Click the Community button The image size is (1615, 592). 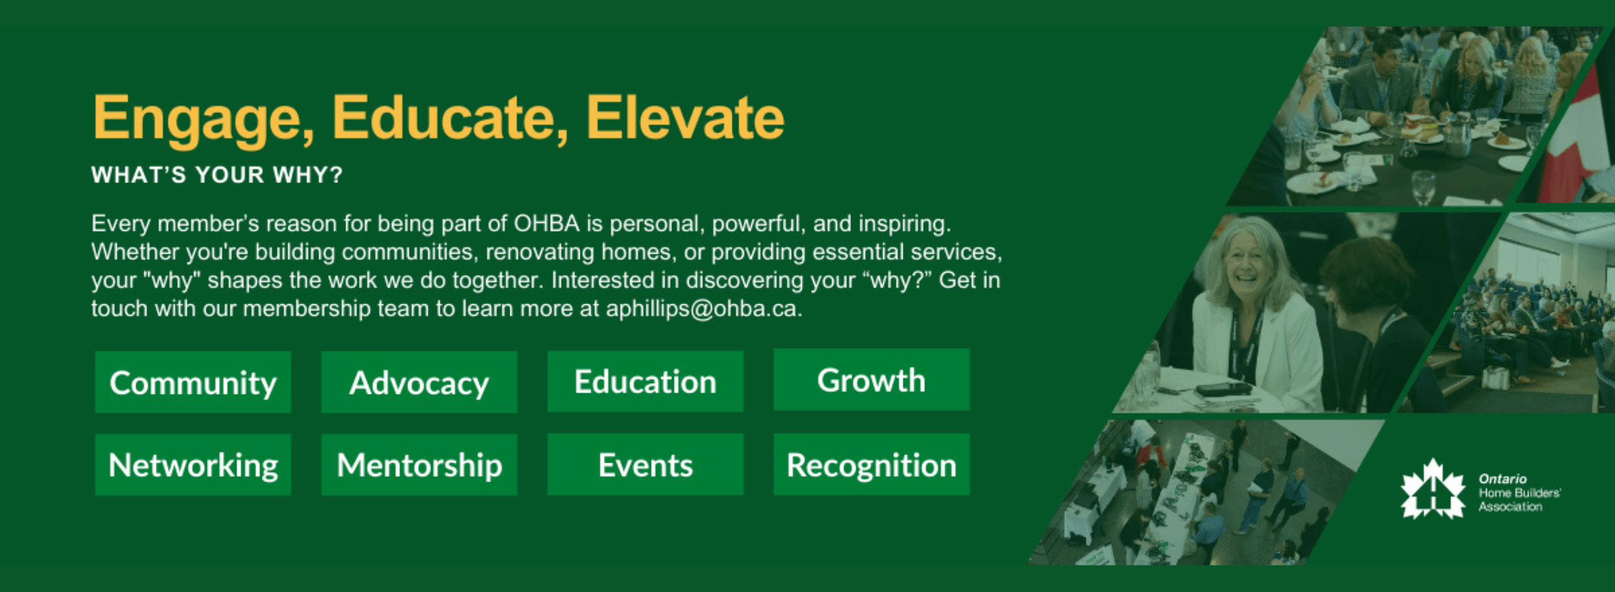pos(193,382)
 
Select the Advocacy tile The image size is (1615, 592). pos(420,382)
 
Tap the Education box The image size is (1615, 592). pos(645,382)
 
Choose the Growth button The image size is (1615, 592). pos(872,380)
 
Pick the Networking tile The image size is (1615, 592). pos(193,465)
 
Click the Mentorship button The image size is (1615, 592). pos(420,465)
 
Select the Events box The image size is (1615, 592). pos(645,465)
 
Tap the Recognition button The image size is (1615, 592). pos(872,465)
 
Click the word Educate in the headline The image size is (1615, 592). pos(450,119)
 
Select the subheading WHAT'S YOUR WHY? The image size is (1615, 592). pos(217,175)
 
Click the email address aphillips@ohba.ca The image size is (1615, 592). pos(704,309)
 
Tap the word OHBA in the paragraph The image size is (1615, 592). pos(547,223)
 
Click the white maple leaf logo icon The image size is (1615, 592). pos(1433,490)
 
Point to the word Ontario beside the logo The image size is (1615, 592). pos(1503,479)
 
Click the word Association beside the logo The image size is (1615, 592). pos(1510,506)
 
